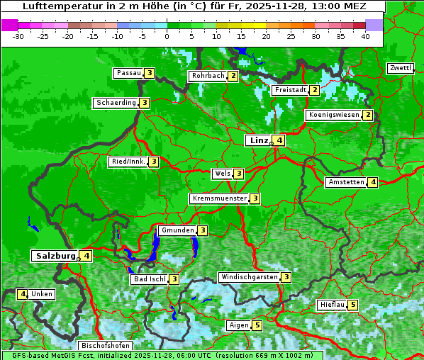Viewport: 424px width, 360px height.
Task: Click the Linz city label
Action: pos(258,140)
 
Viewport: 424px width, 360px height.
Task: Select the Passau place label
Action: pos(129,73)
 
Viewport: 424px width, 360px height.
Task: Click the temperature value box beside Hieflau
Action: pos(353,305)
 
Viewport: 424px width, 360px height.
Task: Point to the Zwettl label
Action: pos(400,68)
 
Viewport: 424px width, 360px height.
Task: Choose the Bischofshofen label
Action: pos(105,345)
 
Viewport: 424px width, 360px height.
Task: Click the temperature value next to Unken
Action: pos(23,294)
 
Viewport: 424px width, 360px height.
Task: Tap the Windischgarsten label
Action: pos(249,277)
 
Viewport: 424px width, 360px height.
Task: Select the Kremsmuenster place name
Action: pos(219,198)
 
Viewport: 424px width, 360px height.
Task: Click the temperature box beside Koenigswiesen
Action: pos(367,115)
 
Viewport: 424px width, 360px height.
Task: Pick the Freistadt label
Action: pos(290,90)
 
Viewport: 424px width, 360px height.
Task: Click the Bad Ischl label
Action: pos(149,279)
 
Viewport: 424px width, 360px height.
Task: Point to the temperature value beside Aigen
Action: pos(257,325)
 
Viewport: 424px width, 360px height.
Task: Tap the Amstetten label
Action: pos(346,182)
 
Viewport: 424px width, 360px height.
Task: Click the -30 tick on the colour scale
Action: pos(18,35)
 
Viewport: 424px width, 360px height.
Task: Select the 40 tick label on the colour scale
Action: pos(365,35)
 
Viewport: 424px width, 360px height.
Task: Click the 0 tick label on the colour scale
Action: pos(167,35)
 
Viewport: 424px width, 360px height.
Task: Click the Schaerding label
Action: pos(116,103)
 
